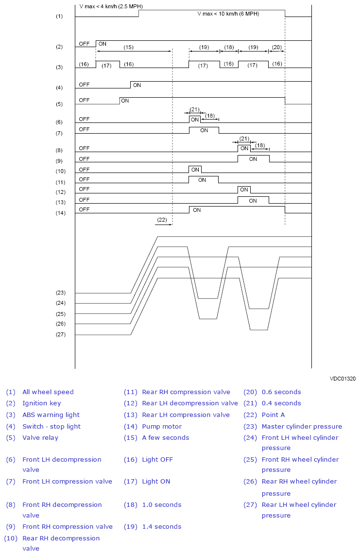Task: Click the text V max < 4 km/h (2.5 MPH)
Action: tap(111, 7)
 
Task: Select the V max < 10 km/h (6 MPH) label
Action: tap(228, 14)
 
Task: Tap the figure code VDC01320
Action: tap(343, 378)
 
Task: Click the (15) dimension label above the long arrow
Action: tap(128, 47)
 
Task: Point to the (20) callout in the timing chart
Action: tap(276, 47)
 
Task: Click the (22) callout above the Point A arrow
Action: tap(162, 220)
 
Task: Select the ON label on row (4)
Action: tap(137, 85)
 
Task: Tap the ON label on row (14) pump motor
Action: tap(197, 210)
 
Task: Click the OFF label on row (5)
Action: tap(84, 100)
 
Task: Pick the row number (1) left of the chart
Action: tap(59, 17)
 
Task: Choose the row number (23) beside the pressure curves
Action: tap(60, 293)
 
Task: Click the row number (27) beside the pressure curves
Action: tap(60, 334)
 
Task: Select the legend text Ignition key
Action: tap(42, 403)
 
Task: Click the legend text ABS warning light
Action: tap(51, 415)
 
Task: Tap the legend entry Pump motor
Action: tap(162, 426)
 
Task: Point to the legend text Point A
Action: tap(273, 415)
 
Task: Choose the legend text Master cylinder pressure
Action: tap(302, 426)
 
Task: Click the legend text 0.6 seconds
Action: tap(281, 392)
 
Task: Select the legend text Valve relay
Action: tap(40, 437)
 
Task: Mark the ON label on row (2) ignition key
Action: tap(103, 44)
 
